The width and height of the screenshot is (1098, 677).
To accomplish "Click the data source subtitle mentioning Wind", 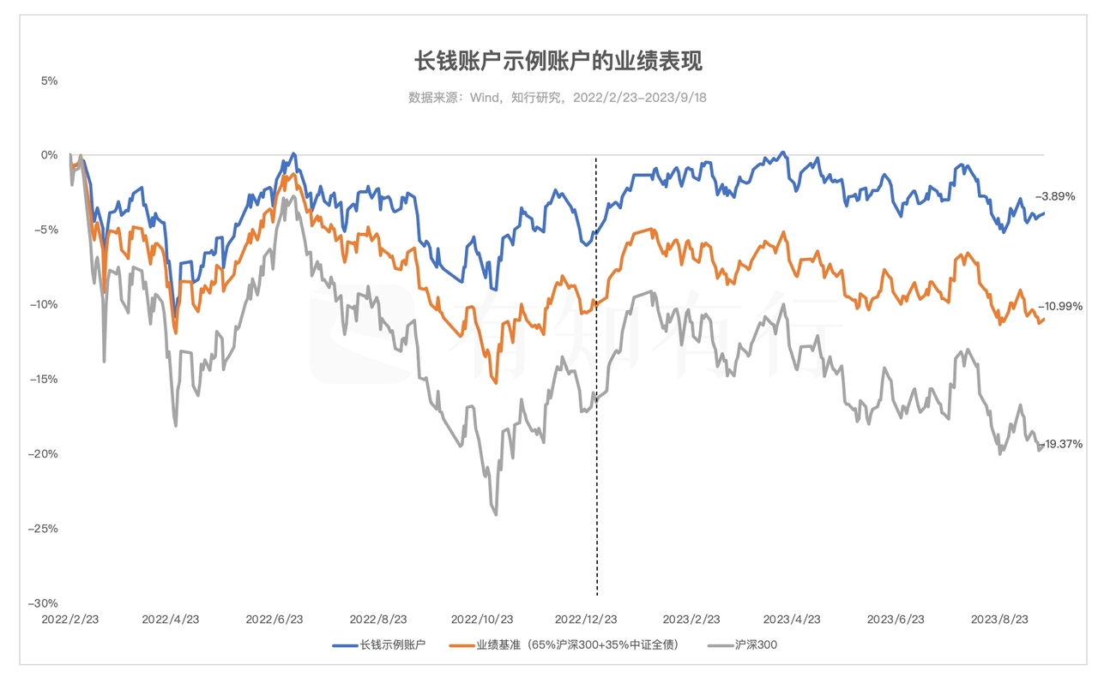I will (558, 98).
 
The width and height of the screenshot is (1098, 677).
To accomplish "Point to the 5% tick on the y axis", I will (48, 81).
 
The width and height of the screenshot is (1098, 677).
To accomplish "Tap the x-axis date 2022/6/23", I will (274, 619).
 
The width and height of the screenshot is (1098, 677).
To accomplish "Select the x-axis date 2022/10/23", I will (482, 619).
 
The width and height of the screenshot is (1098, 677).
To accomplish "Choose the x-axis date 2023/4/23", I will (793, 619).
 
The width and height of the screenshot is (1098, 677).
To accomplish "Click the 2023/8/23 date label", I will (999, 619).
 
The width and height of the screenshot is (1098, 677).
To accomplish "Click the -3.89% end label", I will (1055, 196).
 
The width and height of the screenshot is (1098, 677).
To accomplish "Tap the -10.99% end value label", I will (1060, 306).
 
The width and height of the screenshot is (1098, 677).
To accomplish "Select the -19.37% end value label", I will (1060, 444).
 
